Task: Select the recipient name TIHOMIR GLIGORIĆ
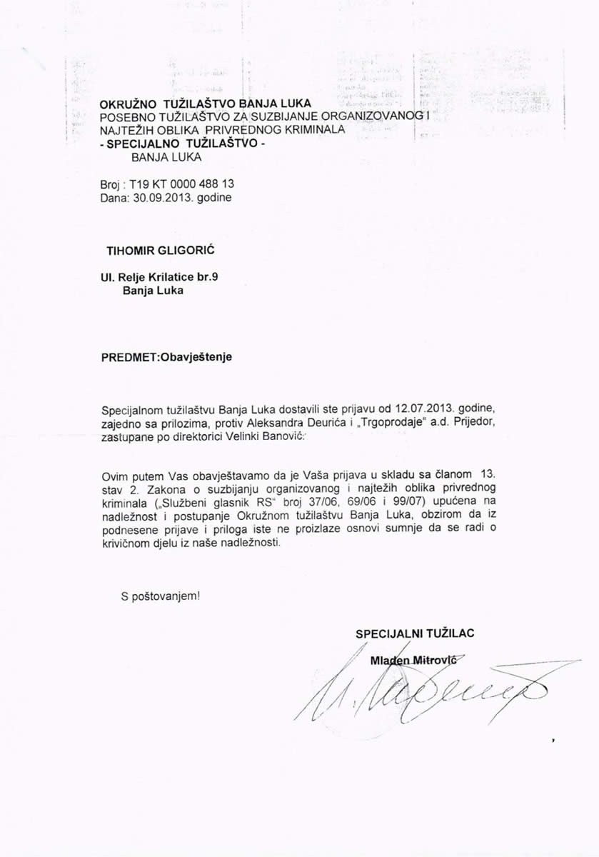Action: [x=151, y=251]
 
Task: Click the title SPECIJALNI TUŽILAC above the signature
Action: [x=415, y=633]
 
